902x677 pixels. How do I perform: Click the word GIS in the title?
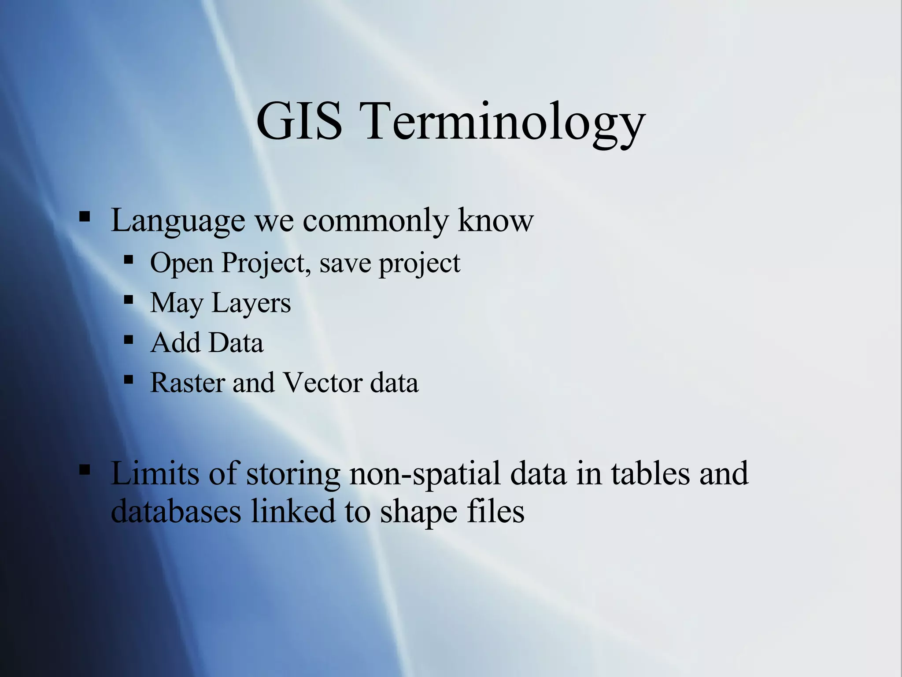click(x=299, y=121)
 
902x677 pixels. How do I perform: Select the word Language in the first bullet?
click(x=178, y=221)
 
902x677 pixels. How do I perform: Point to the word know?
click(x=495, y=220)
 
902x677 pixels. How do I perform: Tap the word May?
click(x=177, y=304)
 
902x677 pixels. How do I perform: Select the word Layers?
click(x=251, y=304)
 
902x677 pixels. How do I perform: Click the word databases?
click(x=176, y=511)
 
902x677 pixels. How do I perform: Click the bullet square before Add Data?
click(x=129, y=340)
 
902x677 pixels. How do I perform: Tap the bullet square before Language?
click(x=85, y=217)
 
